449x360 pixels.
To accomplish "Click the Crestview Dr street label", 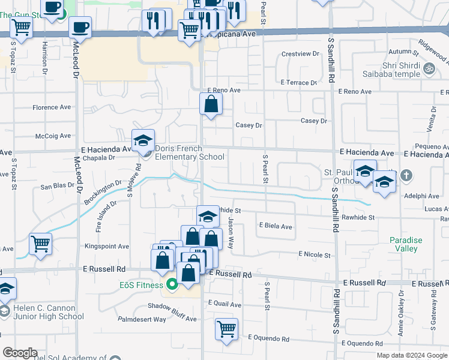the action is click(x=300, y=53).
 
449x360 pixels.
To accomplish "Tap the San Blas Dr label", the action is click(x=57, y=186).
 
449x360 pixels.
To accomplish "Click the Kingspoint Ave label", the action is click(x=107, y=246).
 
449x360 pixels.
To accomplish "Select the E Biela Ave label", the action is click(x=276, y=226).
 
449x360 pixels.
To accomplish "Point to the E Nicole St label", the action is click(x=315, y=255).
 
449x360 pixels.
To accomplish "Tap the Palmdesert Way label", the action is click(x=142, y=319).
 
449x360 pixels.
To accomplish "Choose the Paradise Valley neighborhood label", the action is click(x=406, y=244).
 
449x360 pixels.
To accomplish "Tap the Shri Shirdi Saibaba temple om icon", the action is click(x=429, y=69).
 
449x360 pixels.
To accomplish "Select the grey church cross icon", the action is click(x=406, y=175).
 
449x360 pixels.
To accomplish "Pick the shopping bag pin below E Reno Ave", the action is click(x=211, y=104).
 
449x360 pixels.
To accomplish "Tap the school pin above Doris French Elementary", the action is click(x=143, y=141).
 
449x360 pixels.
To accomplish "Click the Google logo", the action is click(x=20, y=353).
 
